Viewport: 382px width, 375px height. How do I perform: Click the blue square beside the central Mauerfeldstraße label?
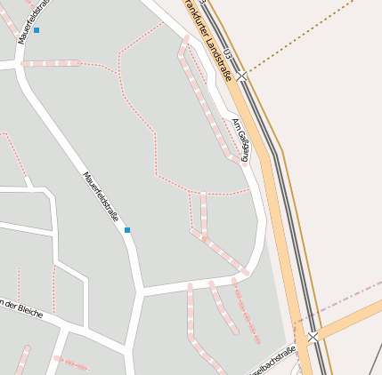pos(127,230)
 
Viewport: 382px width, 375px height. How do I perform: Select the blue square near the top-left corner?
pos(37,30)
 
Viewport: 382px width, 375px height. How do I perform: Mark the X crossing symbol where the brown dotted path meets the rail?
pos(242,77)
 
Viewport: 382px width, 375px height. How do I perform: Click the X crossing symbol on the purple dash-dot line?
pos(313,337)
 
